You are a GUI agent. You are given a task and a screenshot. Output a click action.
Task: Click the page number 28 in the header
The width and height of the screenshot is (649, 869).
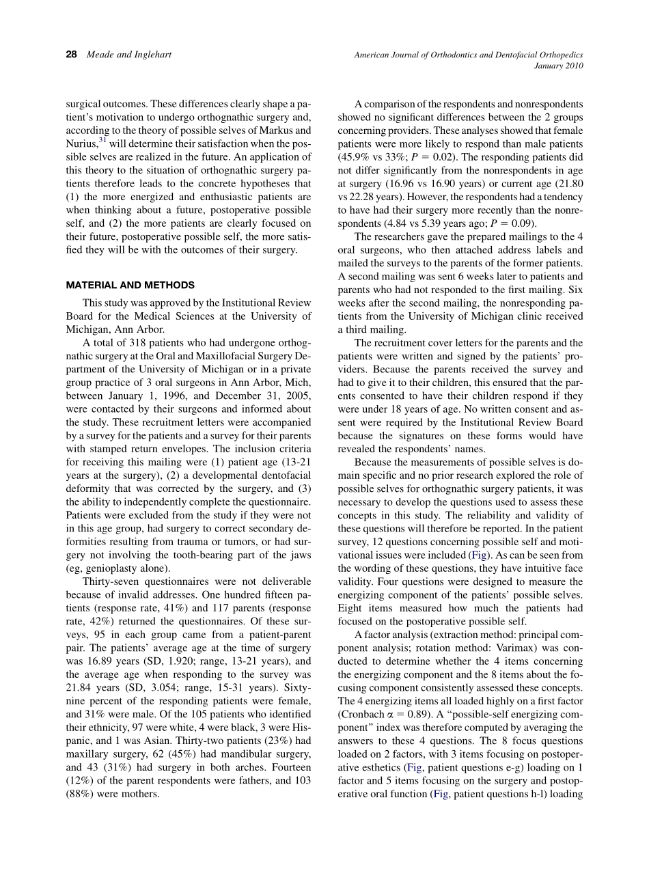click(71, 55)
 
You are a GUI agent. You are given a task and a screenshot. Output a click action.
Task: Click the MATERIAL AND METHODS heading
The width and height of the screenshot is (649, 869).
click(130, 285)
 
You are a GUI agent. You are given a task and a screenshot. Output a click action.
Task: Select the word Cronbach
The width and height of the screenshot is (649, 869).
click(362, 714)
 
